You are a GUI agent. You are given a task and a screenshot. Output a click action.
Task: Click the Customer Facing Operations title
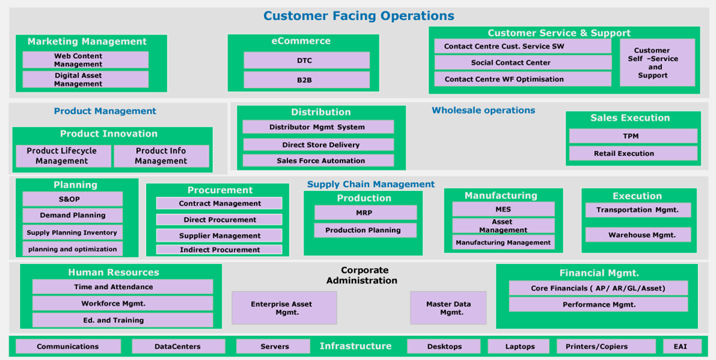(x=358, y=16)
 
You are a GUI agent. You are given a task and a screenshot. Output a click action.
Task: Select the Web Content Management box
(x=85, y=60)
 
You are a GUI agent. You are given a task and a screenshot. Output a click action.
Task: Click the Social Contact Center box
(x=522, y=62)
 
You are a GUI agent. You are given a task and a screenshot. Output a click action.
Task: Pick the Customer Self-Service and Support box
(x=657, y=63)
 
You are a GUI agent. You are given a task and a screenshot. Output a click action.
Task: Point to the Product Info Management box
(x=161, y=156)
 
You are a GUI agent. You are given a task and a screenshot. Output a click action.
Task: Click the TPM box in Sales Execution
(x=633, y=136)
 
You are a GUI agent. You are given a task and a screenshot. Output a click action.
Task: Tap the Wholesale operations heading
(x=483, y=110)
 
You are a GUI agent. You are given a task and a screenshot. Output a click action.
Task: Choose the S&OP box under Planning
(x=72, y=199)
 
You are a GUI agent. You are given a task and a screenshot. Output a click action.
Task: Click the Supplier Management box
(x=219, y=236)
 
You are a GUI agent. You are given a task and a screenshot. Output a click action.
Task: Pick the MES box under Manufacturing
(x=503, y=209)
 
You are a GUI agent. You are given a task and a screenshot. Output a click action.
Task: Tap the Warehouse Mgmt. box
(x=637, y=235)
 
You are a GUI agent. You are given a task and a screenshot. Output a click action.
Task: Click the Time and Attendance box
(x=122, y=287)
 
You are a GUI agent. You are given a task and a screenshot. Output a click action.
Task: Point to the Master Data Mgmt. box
(x=448, y=308)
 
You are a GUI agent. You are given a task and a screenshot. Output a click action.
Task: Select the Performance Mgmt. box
(x=598, y=305)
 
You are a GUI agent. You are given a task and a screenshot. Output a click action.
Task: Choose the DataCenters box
(x=178, y=347)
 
